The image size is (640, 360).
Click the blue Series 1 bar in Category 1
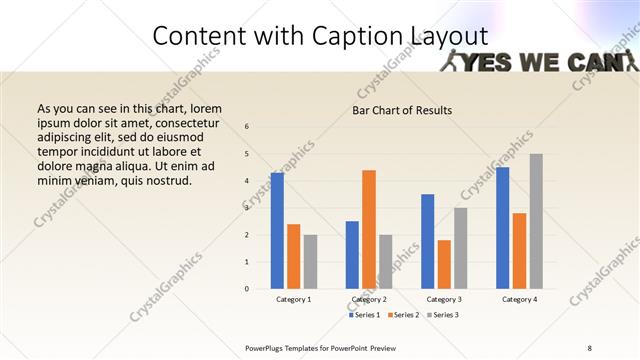pyautogui.click(x=277, y=231)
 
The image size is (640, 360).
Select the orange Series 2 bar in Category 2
pyautogui.click(x=369, y=229)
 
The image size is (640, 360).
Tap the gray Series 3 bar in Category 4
pyautogui.click(x=536, y=221)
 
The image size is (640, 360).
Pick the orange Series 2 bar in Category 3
pyautogui.click(x=444, y=264)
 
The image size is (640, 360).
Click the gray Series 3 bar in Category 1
pyautogui.click(x=310, y=262)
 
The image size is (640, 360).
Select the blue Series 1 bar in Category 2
pyautogui.click(x=352, y=255)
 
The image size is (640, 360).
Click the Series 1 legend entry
pyautogui.click(x=365, y=315)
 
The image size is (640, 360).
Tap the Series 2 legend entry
pyautogui.click(x=403, y=315)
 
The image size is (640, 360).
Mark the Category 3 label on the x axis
pyautogui.click(x=444, y=299)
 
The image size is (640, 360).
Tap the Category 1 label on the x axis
pyautogui.click(x=294, y=299)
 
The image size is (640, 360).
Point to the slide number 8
pyautogui.click(x=589, y=347)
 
